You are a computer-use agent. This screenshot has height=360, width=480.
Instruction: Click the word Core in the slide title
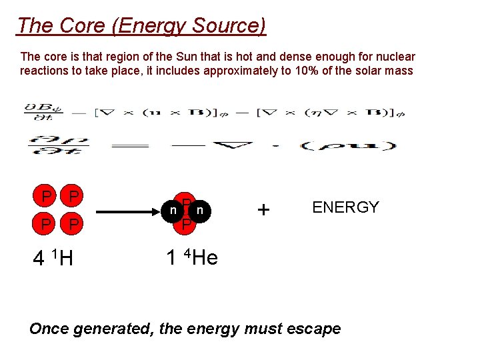pos(80,25)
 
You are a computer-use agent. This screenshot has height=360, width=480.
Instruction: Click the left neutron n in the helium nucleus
pos(173,210)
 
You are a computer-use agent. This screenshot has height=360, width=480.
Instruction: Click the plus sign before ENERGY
pos(264,210)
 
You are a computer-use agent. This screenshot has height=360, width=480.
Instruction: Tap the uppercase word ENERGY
pos(345,207)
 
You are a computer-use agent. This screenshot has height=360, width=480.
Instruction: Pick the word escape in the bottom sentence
pos(313,329)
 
